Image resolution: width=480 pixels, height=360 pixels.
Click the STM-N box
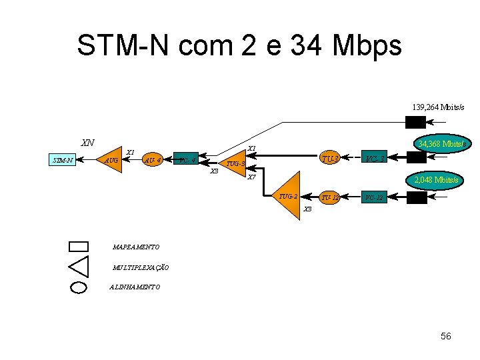tap(63, 160)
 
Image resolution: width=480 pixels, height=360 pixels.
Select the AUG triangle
tap(111, 159)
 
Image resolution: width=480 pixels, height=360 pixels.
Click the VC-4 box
tap(187, 160)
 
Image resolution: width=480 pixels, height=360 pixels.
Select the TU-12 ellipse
tap(330, 198)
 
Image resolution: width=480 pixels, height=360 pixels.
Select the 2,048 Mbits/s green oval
tap(436, 180)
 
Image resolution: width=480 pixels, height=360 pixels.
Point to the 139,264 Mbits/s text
tap(438, 107)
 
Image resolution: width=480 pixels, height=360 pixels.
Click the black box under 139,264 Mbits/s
tap(415, 122)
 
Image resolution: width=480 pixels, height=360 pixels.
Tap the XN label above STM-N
tap(87, 143)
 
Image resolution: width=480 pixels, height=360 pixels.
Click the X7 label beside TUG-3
tap(251, 177)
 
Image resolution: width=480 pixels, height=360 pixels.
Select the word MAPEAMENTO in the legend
tap(136, 247)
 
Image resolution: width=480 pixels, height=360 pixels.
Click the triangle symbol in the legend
tap(79, 266)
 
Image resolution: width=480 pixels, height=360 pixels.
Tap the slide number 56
tap(446, 336)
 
